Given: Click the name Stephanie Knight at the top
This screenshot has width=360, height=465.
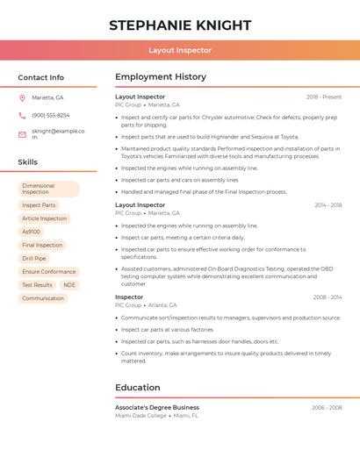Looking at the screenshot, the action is [x=180, y=25].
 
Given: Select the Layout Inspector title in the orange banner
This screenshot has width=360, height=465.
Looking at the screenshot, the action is [x=180, y=50].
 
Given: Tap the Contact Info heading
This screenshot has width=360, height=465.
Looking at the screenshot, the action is [x=41, y=77].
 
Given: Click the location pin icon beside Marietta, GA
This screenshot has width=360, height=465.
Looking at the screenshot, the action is [x=22, y=97].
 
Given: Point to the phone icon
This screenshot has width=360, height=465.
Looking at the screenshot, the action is [x=22, y=115].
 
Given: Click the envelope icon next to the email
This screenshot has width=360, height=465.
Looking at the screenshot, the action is [x=22, y=134].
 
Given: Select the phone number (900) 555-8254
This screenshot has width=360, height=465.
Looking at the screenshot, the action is [x=51, y=115].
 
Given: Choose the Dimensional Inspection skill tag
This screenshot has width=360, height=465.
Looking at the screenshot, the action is [x=48, y=189].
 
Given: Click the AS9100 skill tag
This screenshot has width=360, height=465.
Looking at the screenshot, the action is [x=32, y=232].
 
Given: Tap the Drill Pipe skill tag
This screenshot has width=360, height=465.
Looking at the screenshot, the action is [x=34, y=259].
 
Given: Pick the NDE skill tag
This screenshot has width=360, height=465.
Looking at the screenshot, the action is [x=69, y=285].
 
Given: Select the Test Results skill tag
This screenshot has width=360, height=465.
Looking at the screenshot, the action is [x=37, y=285].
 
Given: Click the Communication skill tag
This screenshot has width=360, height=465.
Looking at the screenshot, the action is [x=43, y=298].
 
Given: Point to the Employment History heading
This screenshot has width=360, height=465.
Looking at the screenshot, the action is [x=161, y=77].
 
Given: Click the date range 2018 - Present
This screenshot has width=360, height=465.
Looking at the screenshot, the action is [x=324, y=97].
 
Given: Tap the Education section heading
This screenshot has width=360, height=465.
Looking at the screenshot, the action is [x=138, y=387].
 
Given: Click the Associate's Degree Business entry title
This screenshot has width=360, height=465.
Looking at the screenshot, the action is [x=157, y=407].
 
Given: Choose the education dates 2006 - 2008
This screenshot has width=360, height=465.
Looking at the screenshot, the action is [x=328, y=407].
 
